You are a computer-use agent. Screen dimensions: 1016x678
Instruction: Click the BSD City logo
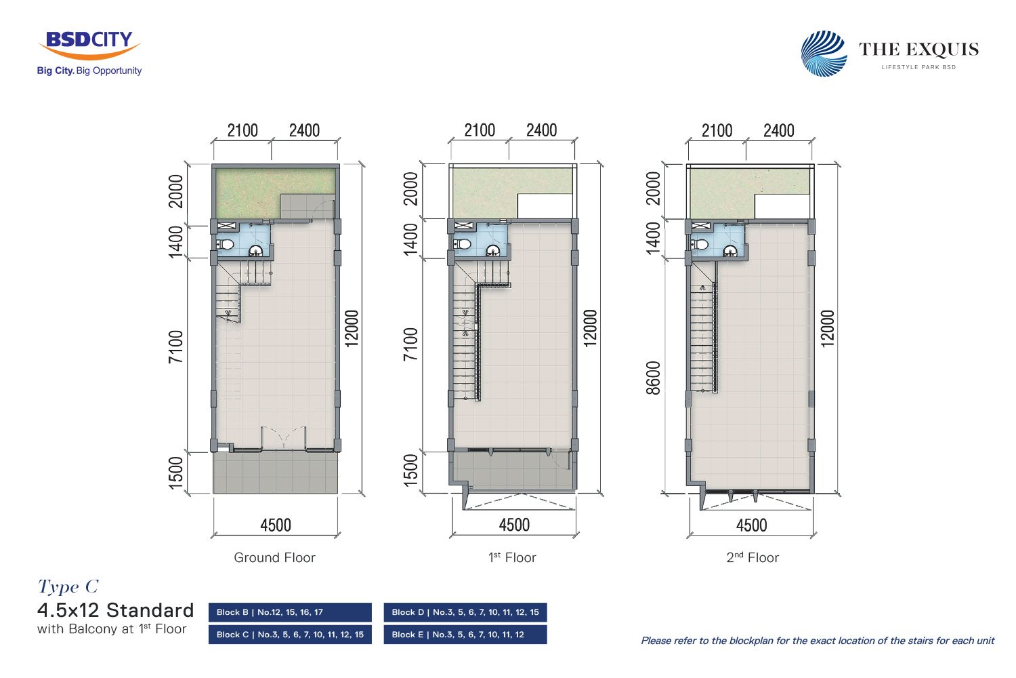click(89, 52)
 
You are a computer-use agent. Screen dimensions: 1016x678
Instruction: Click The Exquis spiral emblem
click(824, 53)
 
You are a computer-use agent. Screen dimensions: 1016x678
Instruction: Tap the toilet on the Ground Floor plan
click(226, 245)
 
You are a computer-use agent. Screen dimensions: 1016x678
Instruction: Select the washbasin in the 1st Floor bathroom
click(492, 250)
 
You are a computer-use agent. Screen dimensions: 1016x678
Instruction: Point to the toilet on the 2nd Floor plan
click(700, 245)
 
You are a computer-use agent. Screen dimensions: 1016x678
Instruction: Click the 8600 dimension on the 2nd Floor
click(653, 378)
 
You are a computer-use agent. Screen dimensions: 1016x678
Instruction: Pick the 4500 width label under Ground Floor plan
click(275, 525)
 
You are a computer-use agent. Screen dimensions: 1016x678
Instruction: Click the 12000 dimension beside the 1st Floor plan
click(590, 328)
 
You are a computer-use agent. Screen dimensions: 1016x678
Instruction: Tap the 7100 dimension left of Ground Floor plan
click(175, 346)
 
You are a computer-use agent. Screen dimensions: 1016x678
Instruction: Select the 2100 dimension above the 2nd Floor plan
click(717, 131)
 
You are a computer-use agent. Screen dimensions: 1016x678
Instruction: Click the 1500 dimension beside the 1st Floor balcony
click(410, 471)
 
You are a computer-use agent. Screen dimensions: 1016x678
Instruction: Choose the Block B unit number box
click(290, 612)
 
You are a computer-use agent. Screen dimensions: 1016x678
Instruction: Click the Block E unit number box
click(465, 635)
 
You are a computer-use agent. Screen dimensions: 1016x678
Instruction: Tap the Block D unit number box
click(465, 612)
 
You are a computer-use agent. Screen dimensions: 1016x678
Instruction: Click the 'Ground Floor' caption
click(274, 557)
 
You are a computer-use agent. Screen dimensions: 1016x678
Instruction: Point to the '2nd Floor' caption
click(753, 557)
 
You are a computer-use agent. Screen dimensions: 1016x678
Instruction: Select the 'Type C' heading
click(68, 586)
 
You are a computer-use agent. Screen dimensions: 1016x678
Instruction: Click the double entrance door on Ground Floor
click(284, 438)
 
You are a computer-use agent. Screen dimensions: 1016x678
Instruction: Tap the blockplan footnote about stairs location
click(818, 641)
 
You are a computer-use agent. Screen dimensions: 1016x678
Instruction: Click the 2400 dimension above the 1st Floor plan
click(541, 130)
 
